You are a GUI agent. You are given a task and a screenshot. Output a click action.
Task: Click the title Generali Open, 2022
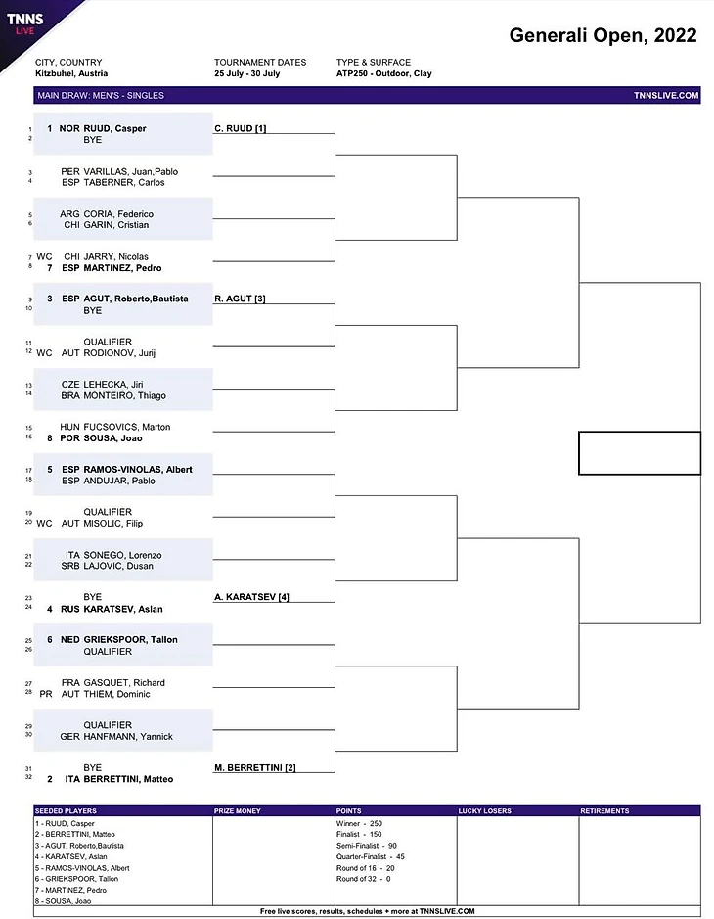pyautogui.click(x=602, y=36)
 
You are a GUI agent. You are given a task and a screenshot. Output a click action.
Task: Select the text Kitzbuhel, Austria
pyautogui.click(x=71, y=73)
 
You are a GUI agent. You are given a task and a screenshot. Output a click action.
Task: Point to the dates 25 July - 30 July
pyautogui.click(x=253, y=73)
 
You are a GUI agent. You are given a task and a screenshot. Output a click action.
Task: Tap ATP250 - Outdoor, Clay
pyautogui.click(x=383, y=73)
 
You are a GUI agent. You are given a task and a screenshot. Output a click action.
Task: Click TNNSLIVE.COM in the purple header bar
pyautogui.click(x=666, y=95)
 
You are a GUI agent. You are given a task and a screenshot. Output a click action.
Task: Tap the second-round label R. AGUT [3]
pyautogui.click(x=240, y=299)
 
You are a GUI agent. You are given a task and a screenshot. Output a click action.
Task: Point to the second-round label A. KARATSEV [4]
pyautogui.click(x=251, y=596)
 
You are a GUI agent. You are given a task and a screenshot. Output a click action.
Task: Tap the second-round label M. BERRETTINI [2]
pyautogui.click(x=255, y=767)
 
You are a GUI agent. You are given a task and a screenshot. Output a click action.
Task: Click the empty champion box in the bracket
pyautogui.click(x=640, y=453)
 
